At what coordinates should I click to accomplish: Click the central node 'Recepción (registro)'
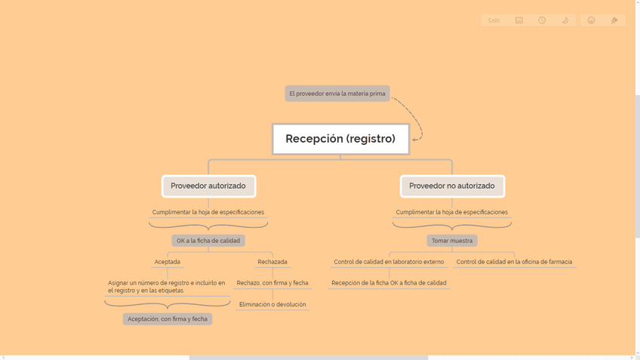click(340, 139)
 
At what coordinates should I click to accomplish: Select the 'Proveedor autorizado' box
click(208, 186)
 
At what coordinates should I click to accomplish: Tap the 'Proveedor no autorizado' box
click(452, 186)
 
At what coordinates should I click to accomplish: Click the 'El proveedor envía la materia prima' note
click(337, 94)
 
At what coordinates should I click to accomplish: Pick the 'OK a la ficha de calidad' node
click(208, 241)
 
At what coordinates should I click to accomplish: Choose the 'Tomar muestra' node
click(452, 241)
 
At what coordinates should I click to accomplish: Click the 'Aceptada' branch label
click(168, 262)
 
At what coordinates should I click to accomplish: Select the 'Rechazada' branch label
click(272, 262)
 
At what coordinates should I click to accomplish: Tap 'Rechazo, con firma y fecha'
click(272, 283)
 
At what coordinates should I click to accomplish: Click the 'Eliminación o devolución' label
click(272, 305)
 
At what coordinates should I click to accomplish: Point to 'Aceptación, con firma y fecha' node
click(168, 319)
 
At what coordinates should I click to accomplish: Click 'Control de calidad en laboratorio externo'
click(389, 262)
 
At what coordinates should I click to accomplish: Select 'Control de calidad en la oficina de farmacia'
click(514, 262)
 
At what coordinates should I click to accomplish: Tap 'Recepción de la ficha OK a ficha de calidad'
click(389, 283)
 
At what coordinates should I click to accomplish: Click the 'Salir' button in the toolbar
click(494, 20)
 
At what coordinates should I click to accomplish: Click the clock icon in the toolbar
click(542, 20)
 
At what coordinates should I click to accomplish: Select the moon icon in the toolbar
click(565, 20)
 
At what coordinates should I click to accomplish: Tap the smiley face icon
click(592, 20)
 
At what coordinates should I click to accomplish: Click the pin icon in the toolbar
click(614, 20)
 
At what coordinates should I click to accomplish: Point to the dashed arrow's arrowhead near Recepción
click(414, 139)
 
